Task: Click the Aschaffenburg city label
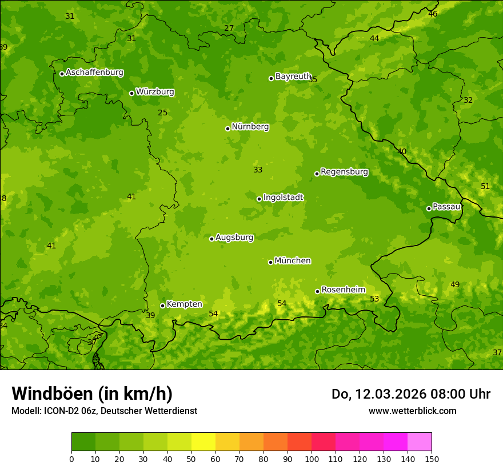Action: tap(94, 73)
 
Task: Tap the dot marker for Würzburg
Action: tap(131, 93)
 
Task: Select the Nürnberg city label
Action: tap(250, 127)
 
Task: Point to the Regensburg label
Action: tap(344, 172)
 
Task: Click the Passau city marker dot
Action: tap(429, 208)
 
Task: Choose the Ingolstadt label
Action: tap(283, 198)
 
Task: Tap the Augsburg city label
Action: tap(234, 238)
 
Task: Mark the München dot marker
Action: tap(270, 262)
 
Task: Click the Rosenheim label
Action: tap(343, 290)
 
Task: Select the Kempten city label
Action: tap(184, 304)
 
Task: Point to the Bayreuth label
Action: tap(293, 77)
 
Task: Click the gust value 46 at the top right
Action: tap(433, 14)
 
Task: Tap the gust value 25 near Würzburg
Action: tap(163, 113)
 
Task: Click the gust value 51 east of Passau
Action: tap(485, 187)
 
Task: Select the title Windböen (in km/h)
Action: tap(92, 393)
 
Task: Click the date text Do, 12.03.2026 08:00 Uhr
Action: tap(410, 394)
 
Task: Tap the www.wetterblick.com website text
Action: tap(412, 411)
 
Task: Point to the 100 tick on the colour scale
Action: tap(312, 459)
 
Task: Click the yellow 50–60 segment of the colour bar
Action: tap(203, 441)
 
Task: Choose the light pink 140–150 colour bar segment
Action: tap(420, 441)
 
